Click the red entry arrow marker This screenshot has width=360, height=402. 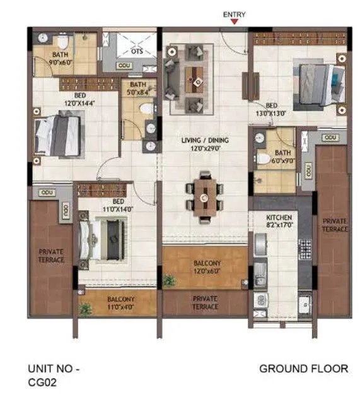(235, 21)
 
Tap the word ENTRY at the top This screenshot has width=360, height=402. (235, 13)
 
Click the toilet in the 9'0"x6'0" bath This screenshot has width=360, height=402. (62, 43)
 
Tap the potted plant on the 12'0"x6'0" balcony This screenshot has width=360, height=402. (169, 280)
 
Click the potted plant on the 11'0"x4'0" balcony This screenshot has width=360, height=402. (84, 307)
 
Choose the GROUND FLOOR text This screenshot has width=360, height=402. (303, 368)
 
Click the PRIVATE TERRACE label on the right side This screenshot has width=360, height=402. (334, 225)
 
